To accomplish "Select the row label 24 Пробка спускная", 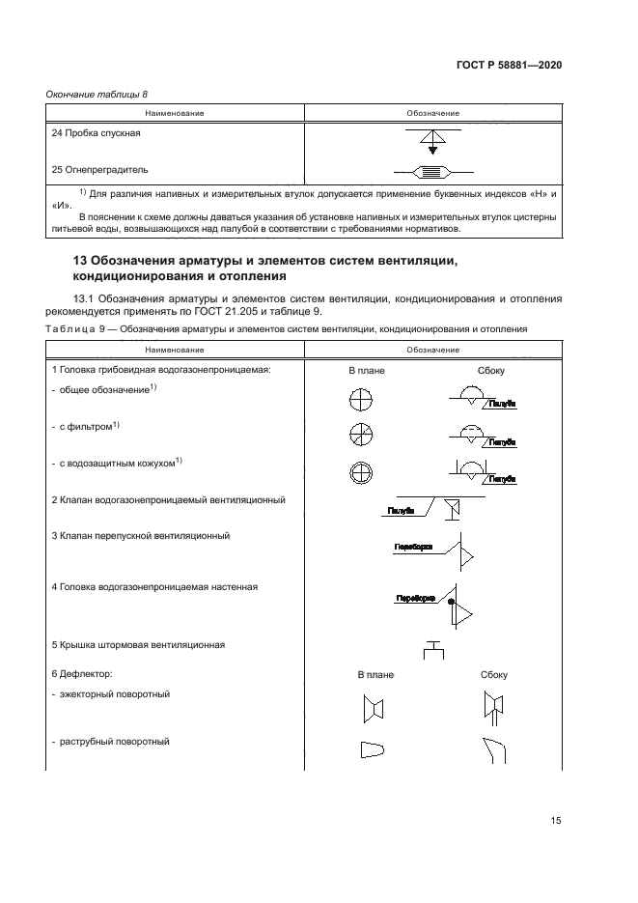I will click(96, 133).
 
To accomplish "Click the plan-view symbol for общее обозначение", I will click(360, 399).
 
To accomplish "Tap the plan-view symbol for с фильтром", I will click(360, 435).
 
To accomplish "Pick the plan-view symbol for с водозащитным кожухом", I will click(360, 470).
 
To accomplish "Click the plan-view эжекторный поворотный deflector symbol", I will click(373, 711).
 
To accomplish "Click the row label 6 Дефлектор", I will click(82, 674).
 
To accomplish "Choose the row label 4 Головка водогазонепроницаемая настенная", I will click(154, 586).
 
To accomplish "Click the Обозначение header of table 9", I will click(433, 350).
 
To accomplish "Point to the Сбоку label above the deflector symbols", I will click(492, 675).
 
